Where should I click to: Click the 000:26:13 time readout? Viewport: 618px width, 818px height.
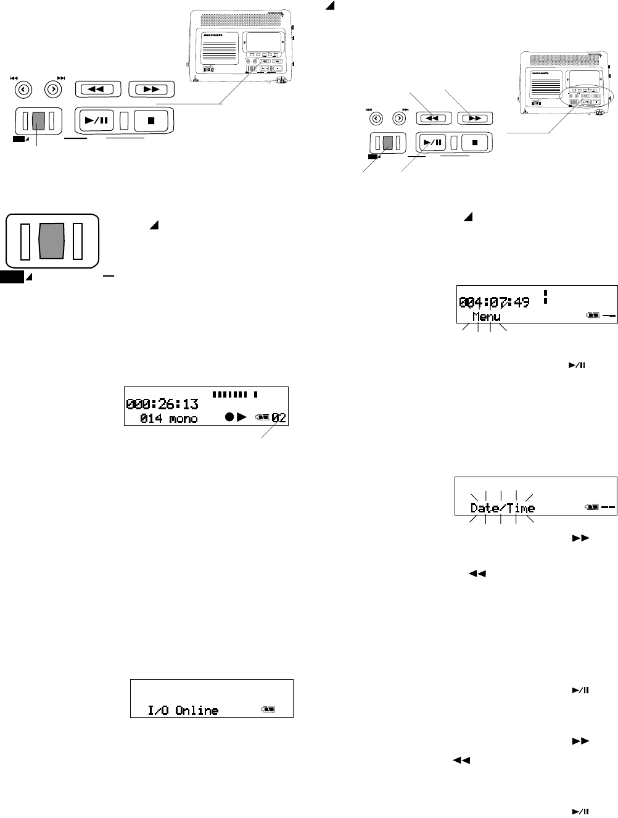point(162,404)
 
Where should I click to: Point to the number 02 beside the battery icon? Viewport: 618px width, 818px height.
point(279,418)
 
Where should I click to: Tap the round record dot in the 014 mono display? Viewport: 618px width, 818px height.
point(229,418)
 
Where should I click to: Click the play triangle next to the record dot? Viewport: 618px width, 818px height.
point(242,418)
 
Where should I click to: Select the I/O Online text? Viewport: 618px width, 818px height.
point(183,710)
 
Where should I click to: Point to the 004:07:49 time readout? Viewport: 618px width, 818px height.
point(493,303)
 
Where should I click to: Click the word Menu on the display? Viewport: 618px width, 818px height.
point(486,317)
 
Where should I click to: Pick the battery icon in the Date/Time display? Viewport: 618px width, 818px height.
point(592,507)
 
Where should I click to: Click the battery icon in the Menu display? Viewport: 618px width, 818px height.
point(592,315)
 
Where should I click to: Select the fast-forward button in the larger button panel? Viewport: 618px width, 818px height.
point(151,89)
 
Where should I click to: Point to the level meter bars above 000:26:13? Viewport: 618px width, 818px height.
point(235,393)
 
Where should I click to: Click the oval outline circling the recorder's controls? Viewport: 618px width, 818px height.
point(587,98)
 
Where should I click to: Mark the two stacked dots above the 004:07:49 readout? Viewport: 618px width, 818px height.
point(545,297)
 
